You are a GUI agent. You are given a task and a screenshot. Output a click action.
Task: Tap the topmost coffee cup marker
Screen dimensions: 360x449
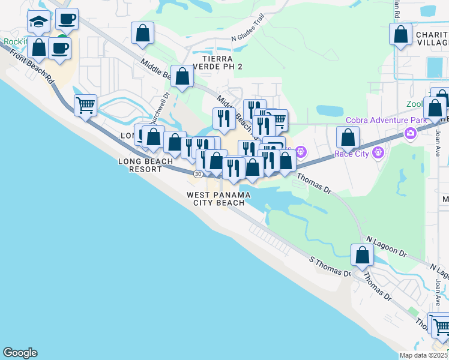click(x=67, y=19)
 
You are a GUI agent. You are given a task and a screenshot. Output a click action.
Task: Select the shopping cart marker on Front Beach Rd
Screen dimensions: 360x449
click(x=85, y=105)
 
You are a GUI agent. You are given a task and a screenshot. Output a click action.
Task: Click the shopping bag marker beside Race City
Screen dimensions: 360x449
click(x=348, y=137)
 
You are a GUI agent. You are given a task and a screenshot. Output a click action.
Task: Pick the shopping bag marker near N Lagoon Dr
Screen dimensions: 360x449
click(x=363, y=256)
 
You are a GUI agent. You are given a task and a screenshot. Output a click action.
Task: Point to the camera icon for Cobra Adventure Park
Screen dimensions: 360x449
click(x=411, y=133)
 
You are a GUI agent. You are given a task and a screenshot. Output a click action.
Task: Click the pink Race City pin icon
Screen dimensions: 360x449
click(x=378, y=153)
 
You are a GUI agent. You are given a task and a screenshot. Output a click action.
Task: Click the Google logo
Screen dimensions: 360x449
click(x=20, y=353)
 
